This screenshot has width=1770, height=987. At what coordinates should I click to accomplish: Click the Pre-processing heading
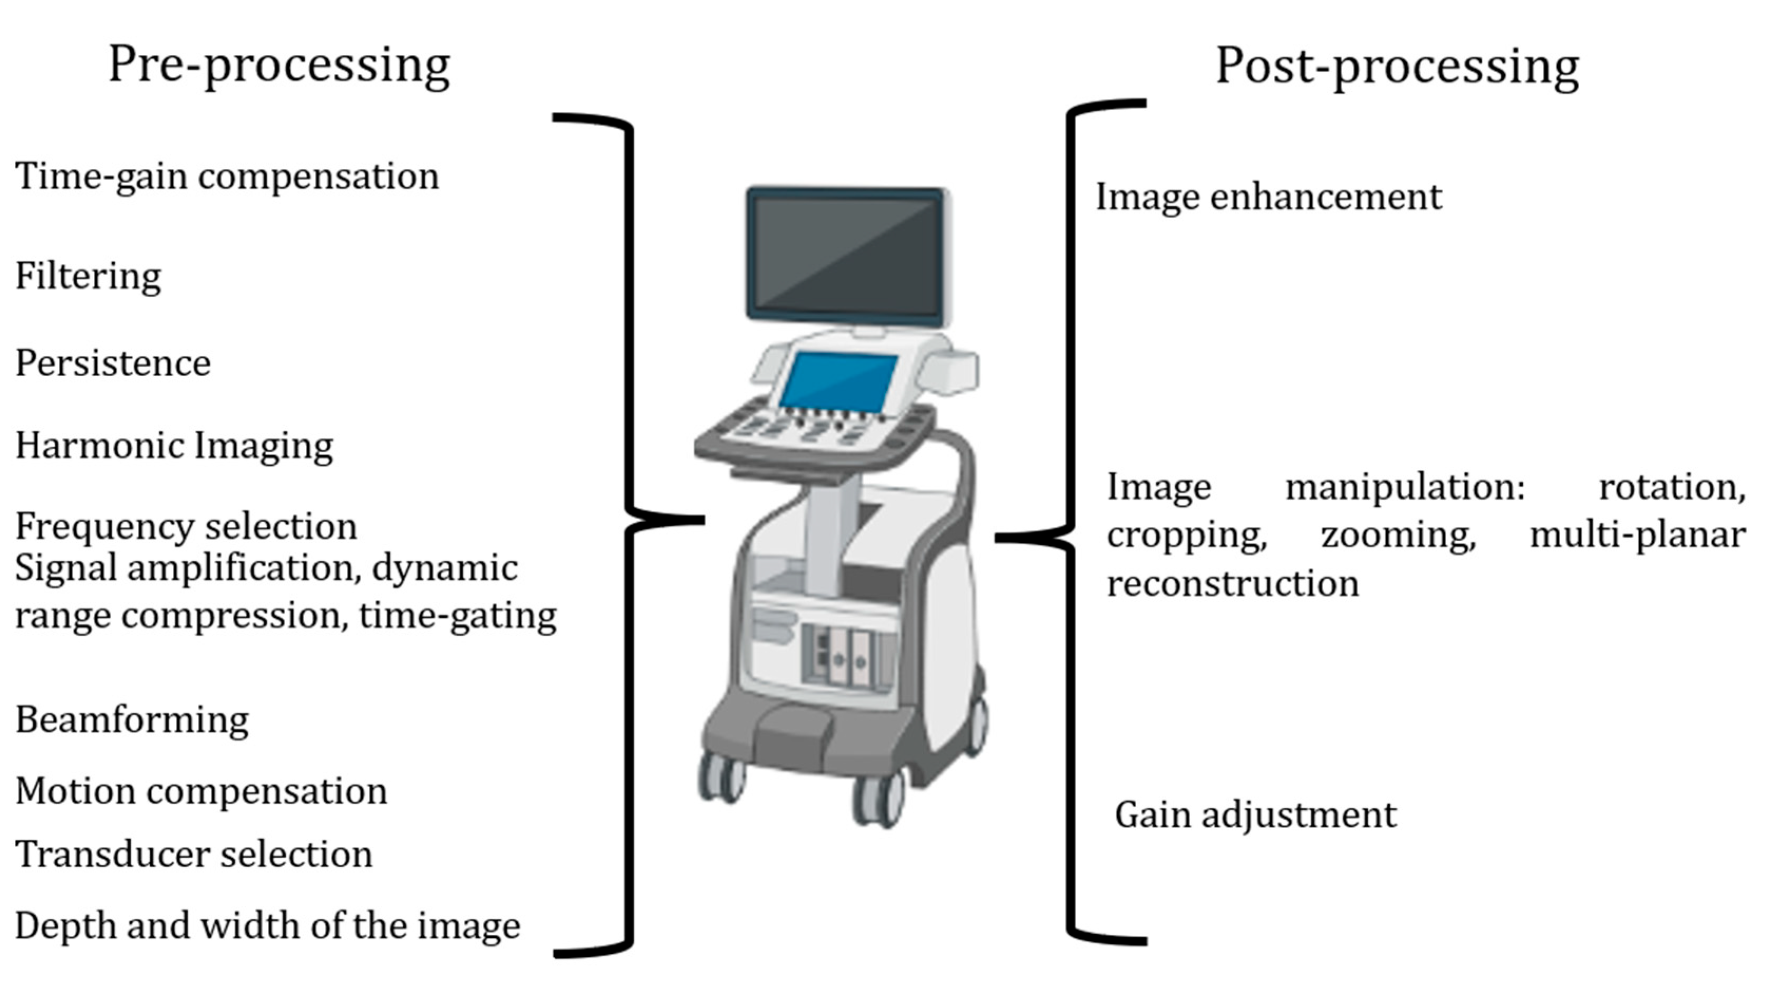coord(279,66)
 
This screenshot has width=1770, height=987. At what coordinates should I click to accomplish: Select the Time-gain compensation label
coord(227,177)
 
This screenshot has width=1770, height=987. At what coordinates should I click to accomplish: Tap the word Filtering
coord(88,277)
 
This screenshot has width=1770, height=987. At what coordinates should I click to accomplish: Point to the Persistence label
coord(113,363)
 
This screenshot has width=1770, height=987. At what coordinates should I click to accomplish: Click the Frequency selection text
coord(186,526)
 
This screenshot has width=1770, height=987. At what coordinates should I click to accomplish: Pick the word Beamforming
coord(132,720)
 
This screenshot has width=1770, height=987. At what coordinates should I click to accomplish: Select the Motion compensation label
coord(201,790)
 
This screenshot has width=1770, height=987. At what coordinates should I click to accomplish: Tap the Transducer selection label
coord(193,855)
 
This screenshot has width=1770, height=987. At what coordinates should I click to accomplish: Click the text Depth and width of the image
coord(267,925)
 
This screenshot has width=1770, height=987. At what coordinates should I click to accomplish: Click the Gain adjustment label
coord(1255,815)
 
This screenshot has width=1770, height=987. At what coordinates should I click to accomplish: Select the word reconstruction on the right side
coord(1233,583)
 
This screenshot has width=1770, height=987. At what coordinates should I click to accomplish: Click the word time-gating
coord(458,615)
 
